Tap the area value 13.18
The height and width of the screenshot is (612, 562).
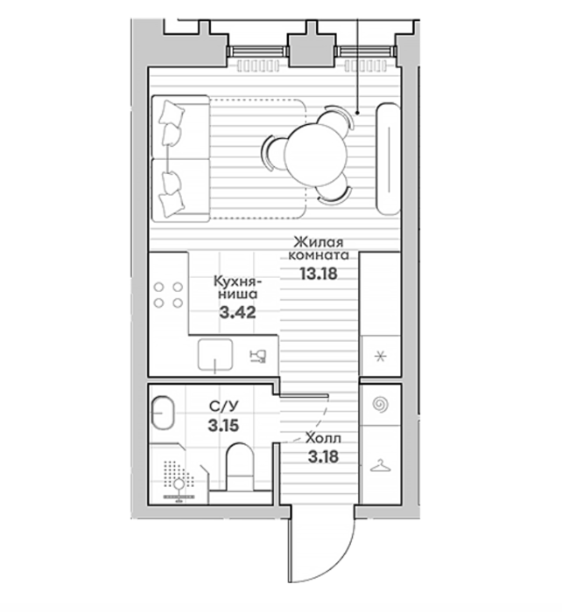pyautogui.click(x=318, y=274)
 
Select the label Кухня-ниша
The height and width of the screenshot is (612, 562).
pyautogui.click(x=237, y=287)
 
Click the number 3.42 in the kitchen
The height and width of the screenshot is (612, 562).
pyautogui.click(x=237, y=312)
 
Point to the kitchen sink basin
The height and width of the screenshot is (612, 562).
pyautogui.click(x=215, y=354)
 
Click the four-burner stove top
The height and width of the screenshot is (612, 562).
pyautogui.click(x=168, y=296)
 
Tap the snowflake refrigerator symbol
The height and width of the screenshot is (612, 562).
pyautogui.click(x=380, y=357)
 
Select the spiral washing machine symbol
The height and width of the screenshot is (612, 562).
pyautogui.click(x=380, y=404)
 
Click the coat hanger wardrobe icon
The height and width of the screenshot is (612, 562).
pyautogui.click(x=380, y=466)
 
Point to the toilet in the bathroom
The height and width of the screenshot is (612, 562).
pyautogui.click(x=240, y=466)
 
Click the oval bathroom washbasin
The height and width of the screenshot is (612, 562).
pyautogui.click(x=162, y=413)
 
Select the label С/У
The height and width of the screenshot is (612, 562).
pyautogui.click(x=223, y=407)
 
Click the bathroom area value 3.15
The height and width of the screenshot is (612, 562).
pyautogui.click(x=223, y=426)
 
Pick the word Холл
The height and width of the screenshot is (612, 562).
pyautogui.click(x=323, y=438)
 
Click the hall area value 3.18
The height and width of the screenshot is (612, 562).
pyautogui.click(x=323, y=456)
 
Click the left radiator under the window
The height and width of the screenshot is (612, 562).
pyautogui.click(x=258, y=66)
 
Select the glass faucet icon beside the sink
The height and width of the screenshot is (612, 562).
pyautogui.click(x=258, y=357)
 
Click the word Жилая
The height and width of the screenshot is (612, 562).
pyautogui.click(x=318, y=242)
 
